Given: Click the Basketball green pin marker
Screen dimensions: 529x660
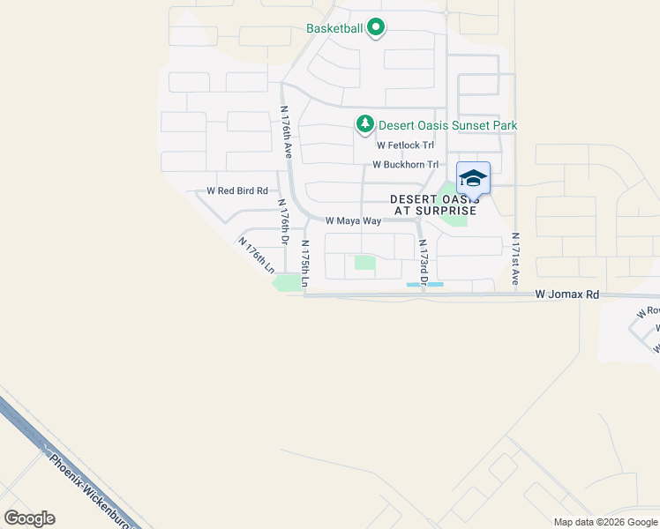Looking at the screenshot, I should click(x=375, y=28).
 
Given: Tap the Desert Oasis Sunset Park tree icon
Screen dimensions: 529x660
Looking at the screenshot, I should click(x=364, y=124).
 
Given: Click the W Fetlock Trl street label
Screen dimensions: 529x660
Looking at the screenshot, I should click(x=406, y=145).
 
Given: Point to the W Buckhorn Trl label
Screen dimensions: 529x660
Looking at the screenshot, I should click(x=406, y=165).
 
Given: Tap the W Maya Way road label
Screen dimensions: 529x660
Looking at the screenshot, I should click(x=352, y=221).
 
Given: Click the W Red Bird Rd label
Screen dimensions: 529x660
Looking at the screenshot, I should click(x=236, y=190).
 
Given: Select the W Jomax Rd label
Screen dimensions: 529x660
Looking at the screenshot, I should click(x=567, y=295).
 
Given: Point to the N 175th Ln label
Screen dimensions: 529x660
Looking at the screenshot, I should click(x=304, y=263).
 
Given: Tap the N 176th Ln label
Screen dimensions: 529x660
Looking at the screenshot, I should click(x=255, y=255).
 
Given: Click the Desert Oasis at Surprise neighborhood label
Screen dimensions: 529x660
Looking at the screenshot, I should click(x=433, y=205).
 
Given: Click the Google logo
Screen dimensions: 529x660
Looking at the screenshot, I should click(x=29, y=518).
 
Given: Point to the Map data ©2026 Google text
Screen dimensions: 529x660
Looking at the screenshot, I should click(x=604, y=522).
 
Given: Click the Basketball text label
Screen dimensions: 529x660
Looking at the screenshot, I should click(x=334, y=28).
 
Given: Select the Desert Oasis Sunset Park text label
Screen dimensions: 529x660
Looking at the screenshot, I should click(x=447, y=126).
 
